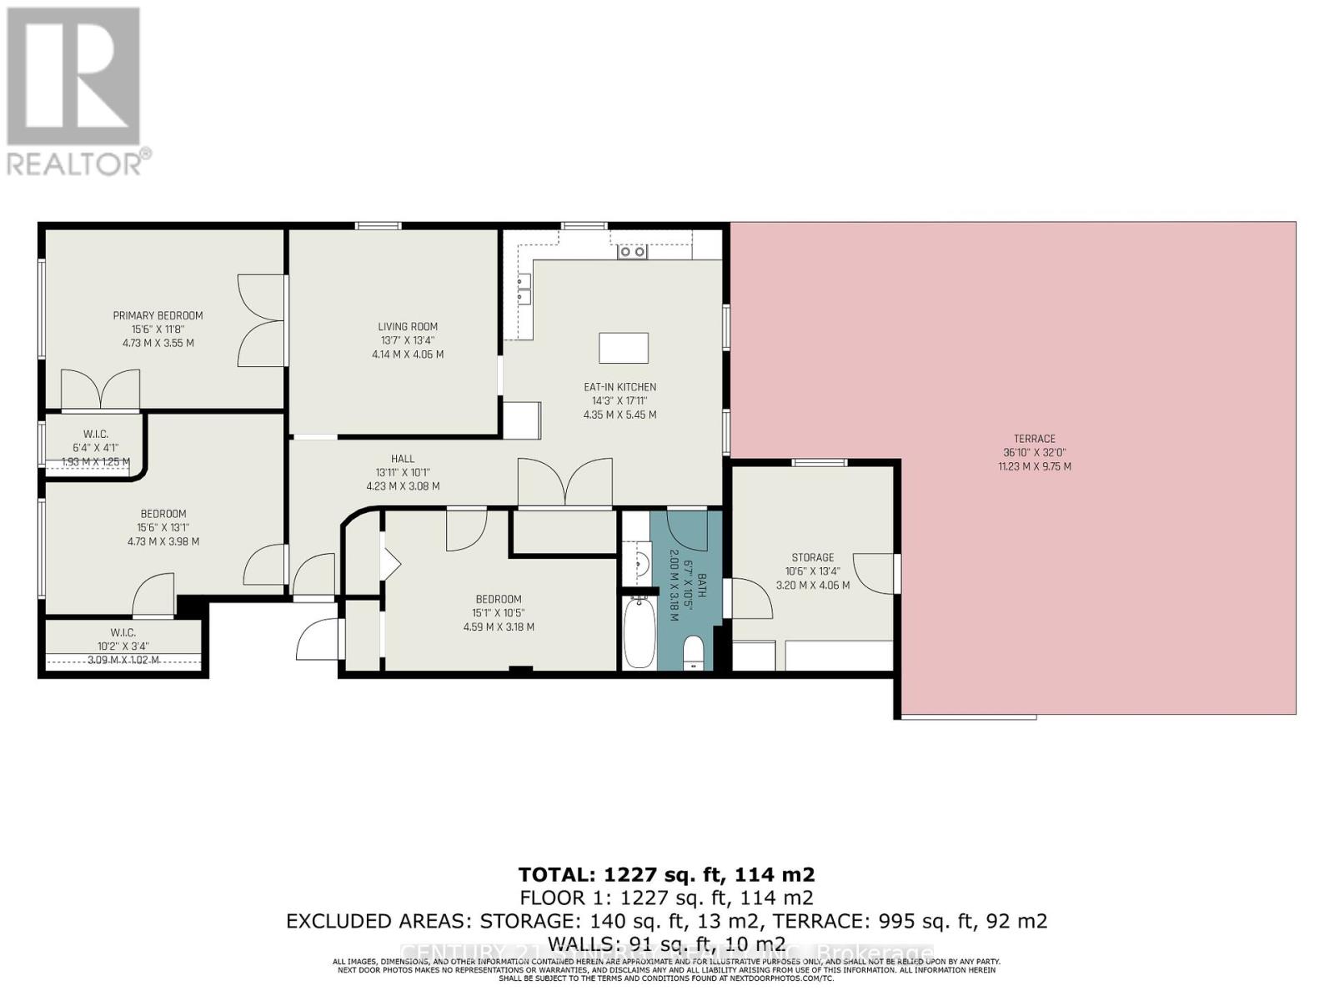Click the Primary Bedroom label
pos(158,315)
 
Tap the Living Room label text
pos(407,327)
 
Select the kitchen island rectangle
pos(624,348)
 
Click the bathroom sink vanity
pos(639,562)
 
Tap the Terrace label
pos(1034,439)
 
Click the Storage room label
pos(812,557)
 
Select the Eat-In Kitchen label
pos(619,387)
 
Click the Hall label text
pos(403,459)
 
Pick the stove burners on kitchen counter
pos(632,251)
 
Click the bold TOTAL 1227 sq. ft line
pos(666,874)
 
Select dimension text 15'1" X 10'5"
pos(499,613)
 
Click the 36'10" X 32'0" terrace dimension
pos(1034,453)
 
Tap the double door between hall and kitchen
pos(565,484)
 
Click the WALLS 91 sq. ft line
pos(666,944)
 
